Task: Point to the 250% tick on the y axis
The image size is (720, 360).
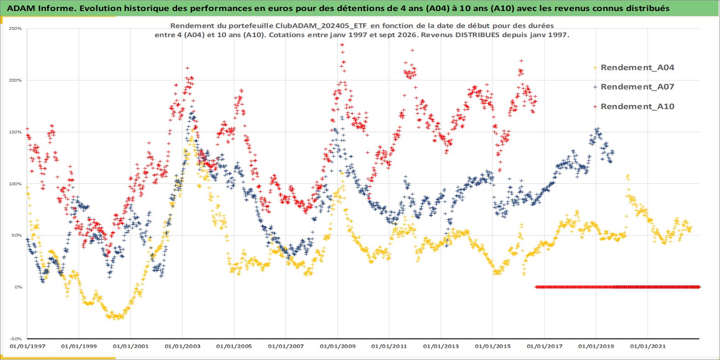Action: tap(15, 28)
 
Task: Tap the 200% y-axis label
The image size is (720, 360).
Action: tap(15, 80)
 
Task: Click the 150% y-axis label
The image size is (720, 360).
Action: tap(15, 132)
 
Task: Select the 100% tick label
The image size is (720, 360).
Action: tap(15, 184)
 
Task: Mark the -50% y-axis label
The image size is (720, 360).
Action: tap(15, 339)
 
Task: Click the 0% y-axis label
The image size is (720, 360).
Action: tap(18, 287)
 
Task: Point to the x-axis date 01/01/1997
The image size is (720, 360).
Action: tap(28, 346)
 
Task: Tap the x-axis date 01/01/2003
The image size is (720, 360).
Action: tap(182, 346)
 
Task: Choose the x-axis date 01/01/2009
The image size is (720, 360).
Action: tap(337, 346)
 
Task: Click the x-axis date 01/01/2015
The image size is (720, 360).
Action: tap(492, 346)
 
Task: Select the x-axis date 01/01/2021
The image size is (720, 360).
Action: tap(647, 346)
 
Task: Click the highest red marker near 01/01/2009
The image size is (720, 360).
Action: tap(342, 45)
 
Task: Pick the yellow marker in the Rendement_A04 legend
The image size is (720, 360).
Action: tap(595, 68)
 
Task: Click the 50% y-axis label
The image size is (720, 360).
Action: tap(17, 235)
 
